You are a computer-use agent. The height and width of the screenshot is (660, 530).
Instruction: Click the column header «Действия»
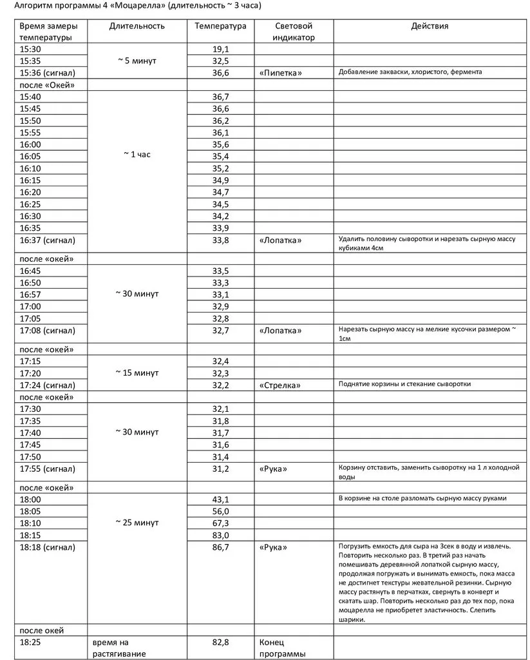click(x=430, y=26)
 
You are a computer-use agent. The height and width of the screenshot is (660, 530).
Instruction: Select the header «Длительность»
click(x=137, y=26)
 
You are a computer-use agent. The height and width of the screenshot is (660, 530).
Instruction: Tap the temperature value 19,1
click(x=220, y=49)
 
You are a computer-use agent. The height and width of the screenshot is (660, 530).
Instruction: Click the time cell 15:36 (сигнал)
click(x=48, y=72)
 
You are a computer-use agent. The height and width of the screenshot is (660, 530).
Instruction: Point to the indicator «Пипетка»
click(x=280, y=73)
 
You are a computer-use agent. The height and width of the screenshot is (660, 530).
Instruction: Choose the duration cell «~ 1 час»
click(x=137, y=155)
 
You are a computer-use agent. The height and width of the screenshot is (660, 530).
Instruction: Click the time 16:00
click(x=30, y=144)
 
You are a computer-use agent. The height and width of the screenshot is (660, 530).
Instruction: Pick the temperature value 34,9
click(x=220, y=180)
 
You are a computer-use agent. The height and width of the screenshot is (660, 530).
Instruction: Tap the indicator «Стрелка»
click(x=280, y=385)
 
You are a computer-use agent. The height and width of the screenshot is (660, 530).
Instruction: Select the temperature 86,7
click(x=220, y=547)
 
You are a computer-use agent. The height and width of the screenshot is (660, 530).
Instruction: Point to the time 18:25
click(x=30, y=643)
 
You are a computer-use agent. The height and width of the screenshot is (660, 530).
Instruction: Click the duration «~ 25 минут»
click(x=137, y=523)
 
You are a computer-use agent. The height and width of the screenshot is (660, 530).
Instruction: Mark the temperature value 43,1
click(x=220, y=500)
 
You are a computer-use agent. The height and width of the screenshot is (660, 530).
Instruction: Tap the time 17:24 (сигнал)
click(x=48, y=385)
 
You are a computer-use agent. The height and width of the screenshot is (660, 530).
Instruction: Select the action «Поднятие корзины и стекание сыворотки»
click(x=404, y=384)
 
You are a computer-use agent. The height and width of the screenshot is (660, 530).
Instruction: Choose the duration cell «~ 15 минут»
click(x=137, y=373)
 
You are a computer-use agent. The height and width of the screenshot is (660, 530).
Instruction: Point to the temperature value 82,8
click(x=220, y=643)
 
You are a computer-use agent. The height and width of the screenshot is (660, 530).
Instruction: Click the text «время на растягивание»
click(x=119, y=648)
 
